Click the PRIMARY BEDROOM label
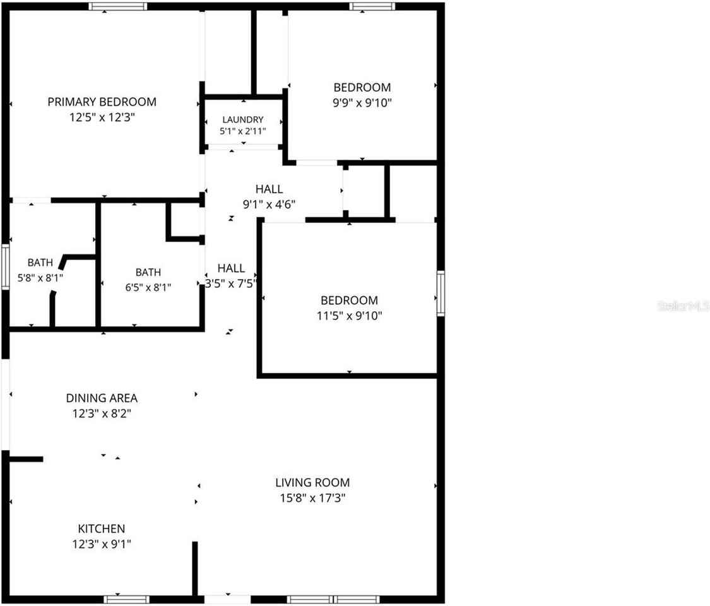tap(102, 102)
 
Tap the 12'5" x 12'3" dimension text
tap(102, 117)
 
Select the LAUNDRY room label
tap(243, 119)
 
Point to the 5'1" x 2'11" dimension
tap(243, 131)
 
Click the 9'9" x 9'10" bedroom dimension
tap(362, 103)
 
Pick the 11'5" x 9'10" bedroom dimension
tap(350, 316)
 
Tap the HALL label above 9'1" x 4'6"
tap(269, 189)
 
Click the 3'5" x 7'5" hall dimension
tap(231, 283)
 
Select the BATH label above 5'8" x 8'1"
tap(40, 263)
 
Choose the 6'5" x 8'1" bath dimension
tap(148, 287)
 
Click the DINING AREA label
tap(102, 398)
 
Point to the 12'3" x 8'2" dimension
tap(102, 413)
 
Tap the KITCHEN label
tap(102, 528)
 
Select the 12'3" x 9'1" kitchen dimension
tap(102, 544)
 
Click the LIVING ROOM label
tap(312, 483)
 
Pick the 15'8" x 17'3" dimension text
tap(312, 498)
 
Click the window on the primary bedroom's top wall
tap(118, 6)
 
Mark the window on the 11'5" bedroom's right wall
tap(441, 293)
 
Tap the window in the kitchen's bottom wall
tap(127, 600)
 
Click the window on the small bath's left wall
tap(6, 267)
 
